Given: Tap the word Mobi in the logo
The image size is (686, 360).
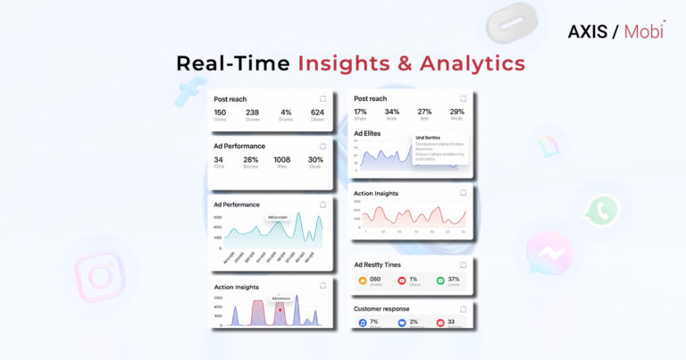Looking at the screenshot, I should [645, 32].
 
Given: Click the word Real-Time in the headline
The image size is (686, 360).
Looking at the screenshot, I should [232, 63].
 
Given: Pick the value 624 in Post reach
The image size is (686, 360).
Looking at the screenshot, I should [317, 113].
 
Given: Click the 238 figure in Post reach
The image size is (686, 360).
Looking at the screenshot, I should [252, 113].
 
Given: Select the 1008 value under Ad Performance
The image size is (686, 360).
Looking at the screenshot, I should [282, 160].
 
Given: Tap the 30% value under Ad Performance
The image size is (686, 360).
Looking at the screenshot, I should [315, 160].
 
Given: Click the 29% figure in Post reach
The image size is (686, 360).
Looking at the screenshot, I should [456, 112].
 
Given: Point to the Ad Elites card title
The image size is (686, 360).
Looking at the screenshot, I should [367, 133].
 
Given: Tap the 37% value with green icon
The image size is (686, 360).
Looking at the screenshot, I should [454, 279].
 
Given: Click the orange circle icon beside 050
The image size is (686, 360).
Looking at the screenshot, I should [363, 280].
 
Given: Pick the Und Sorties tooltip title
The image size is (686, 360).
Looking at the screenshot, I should [428, 138].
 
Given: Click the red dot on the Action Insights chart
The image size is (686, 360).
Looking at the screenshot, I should [280, 310].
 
